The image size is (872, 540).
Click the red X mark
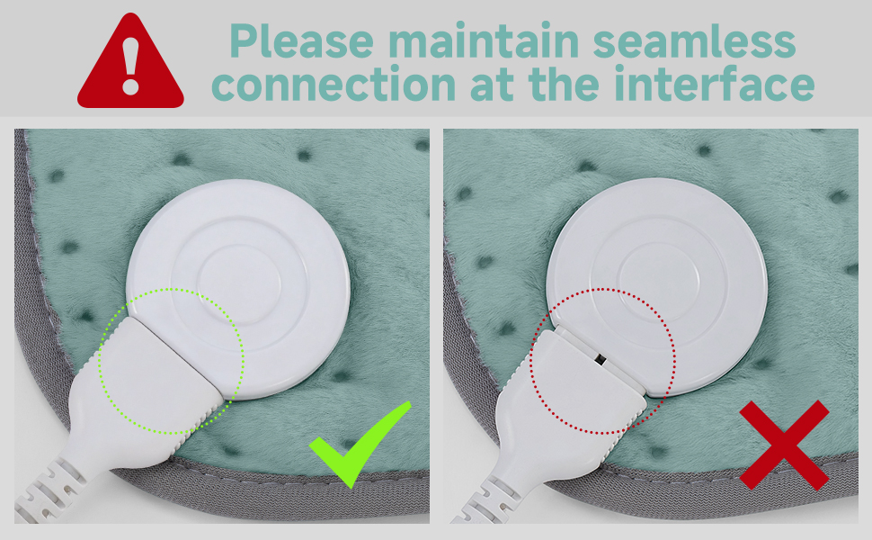pos(783,445)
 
